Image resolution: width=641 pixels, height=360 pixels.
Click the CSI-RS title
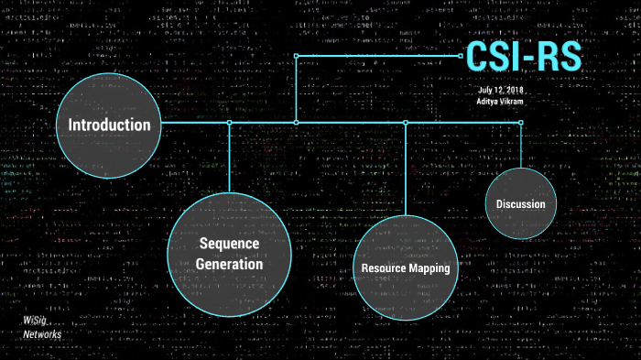click(523, 56)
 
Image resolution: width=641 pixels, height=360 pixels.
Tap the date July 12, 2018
click(499, 91)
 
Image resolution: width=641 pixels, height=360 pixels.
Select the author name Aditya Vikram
click(500, 103)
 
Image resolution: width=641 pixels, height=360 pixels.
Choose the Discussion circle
click(520, 203)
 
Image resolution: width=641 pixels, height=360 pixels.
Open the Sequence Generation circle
click(229, 254)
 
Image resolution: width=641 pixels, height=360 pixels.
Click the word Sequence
click(229, 244)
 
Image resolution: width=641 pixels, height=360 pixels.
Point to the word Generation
click(229, 264)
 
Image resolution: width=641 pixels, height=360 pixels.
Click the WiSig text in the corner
click(36, 322)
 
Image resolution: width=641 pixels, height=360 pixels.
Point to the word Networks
click(43, 334)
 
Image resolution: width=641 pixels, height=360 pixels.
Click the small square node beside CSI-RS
click(462, 56)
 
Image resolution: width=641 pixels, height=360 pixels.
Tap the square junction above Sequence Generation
click(229, 122)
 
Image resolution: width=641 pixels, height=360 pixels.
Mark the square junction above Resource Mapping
click(405, 122)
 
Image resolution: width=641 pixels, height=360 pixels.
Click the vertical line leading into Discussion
click(520, 147)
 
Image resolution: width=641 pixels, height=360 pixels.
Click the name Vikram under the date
click(512, 103)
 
